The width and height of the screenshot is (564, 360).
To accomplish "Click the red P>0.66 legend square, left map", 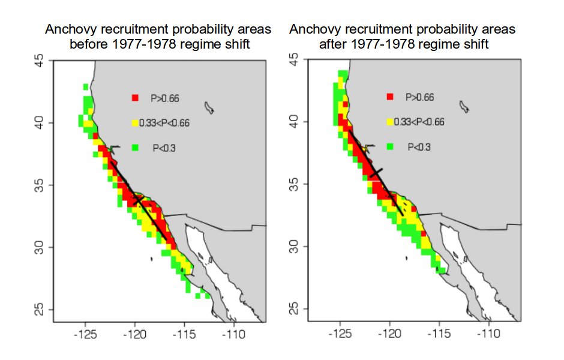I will (136, 97).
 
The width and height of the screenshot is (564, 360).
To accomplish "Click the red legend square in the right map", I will (391, 96).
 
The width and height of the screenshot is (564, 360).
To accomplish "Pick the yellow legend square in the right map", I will (391, 122).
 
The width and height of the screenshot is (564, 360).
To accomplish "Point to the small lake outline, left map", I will (209, 107).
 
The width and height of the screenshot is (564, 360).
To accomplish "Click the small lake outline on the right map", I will (464, 106).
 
